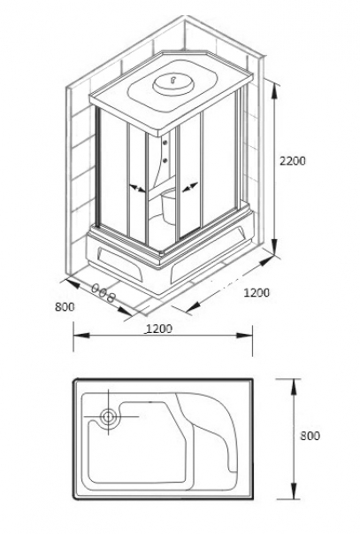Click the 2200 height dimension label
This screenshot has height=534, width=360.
click(292, 160)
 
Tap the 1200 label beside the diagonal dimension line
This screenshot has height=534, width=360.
click(257, 292)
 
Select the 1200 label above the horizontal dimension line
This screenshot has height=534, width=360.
click(159, 329)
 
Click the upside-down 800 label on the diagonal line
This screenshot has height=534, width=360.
click(103, 293)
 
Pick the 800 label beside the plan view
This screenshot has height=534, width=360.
click(310, 436)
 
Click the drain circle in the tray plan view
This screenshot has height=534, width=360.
click(109, 416)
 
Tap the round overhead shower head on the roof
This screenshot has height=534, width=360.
click(173, 83)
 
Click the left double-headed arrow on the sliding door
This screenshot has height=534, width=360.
click(137, 189)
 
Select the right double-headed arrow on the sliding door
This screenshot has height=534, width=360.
click(190, 188)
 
